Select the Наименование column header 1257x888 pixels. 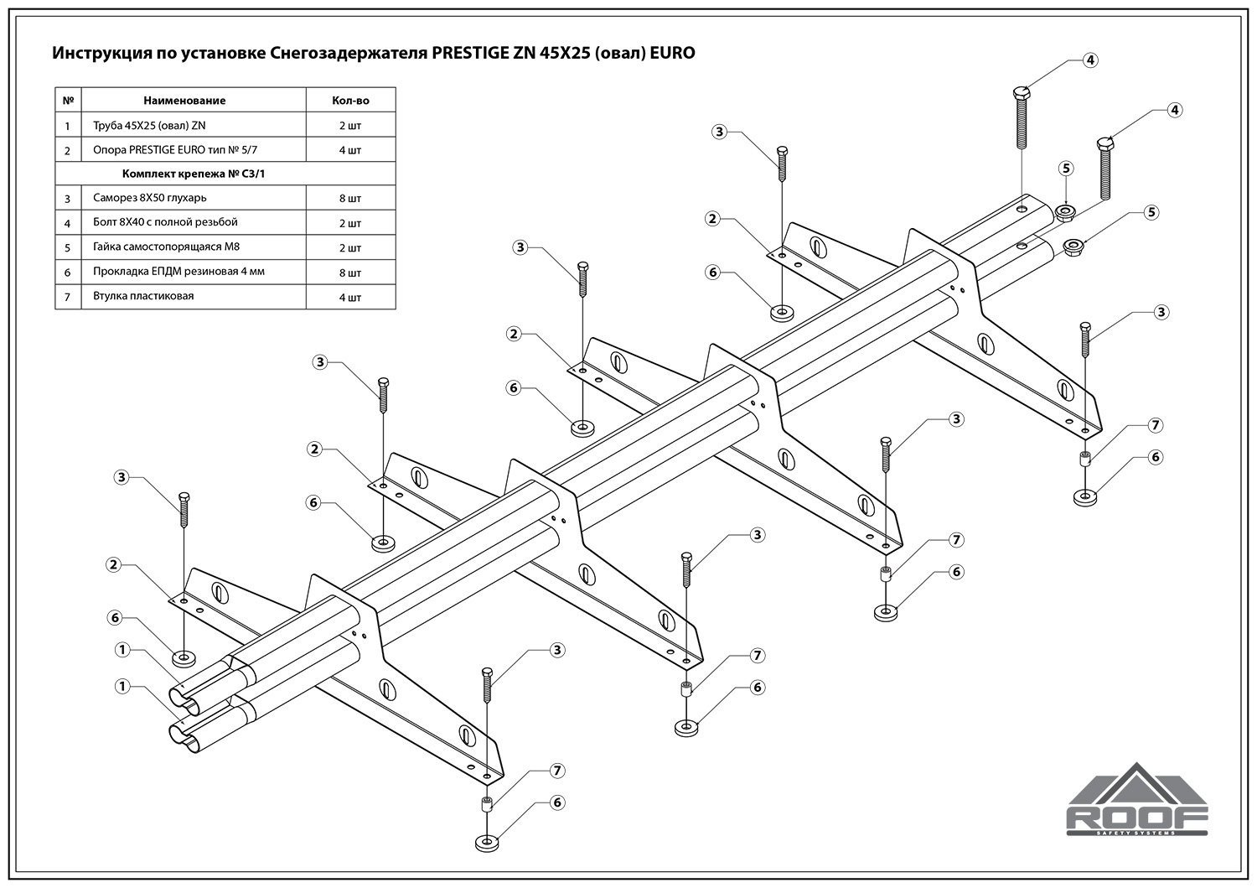click(184, 101)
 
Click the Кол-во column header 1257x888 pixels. click(350, 101)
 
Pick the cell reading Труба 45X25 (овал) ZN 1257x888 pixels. click(149, 126)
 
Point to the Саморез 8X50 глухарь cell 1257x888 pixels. click(149, 199)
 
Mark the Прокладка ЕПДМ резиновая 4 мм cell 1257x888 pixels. click(178, 272)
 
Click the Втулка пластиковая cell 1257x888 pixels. click(143, 296)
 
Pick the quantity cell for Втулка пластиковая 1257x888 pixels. click(350, 298)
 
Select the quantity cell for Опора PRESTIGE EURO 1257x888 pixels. click(350, 151)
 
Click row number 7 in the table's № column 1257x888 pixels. click(68, 297)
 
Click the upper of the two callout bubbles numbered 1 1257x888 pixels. click(122, 650)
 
